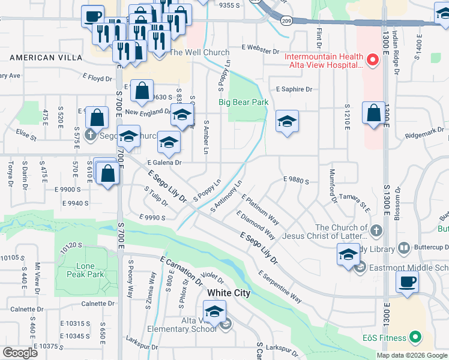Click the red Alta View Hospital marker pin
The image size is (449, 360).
click(372, 59)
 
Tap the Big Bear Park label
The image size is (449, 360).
click(243, 103)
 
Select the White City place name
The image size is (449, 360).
click(229, 293)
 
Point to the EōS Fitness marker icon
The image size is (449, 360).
click(414, 338)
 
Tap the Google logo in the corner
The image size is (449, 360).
click(19, 352)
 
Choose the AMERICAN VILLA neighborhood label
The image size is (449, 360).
click(40, 58)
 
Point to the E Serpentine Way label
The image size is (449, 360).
click(280, 286)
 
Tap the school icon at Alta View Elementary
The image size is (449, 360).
click(214, 311)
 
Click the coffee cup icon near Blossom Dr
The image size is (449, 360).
click(408, 281)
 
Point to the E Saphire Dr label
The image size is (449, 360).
click(294, 89)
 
